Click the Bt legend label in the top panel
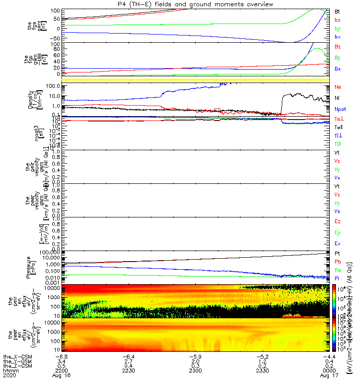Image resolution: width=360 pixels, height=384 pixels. [337, 11]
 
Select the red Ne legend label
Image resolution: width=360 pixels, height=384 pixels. [337, 87]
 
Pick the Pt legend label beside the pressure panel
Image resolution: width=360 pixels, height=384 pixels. [337, 253]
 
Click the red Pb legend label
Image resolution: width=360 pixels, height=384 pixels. [337, 262]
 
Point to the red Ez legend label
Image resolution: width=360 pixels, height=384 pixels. [337, 222]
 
